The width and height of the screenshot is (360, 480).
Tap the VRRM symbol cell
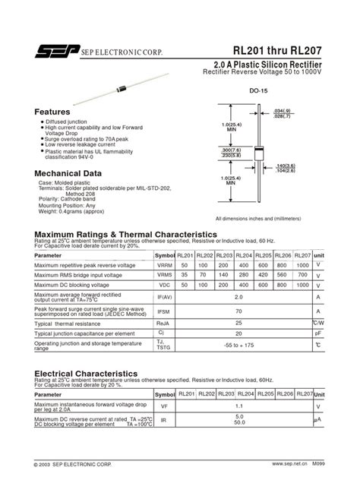click(x=165, y=265)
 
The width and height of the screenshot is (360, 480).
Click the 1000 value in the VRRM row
click(x=302, y=265)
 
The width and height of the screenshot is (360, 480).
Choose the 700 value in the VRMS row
click(x=302, y=274)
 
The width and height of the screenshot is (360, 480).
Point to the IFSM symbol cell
click(x=165, y=311)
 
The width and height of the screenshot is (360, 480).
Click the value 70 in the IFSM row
click(x=239, y=311)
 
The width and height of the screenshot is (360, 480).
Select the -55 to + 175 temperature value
click(x=239, y=345)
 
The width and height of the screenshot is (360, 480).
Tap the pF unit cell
click(x=319, y=333)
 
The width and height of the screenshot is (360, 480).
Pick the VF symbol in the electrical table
click(x=165, y=407)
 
